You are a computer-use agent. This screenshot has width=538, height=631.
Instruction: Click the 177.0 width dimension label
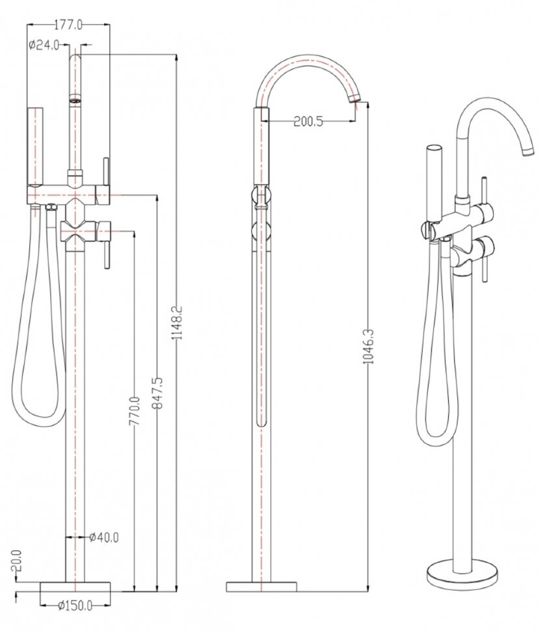(x=68, y=25)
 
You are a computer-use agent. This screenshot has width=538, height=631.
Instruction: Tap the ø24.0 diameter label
(x=44, y=45)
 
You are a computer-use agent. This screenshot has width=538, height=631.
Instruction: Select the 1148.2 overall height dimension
(x=177, y=323)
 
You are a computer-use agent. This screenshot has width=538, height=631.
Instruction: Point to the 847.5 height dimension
(x=157, y=393)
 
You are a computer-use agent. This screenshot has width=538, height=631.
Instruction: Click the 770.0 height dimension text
(x=135, y=411)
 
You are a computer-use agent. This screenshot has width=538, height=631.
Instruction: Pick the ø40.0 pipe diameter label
(x=104, y=537)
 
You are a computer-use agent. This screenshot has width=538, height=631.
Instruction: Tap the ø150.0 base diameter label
(x=75, y=605)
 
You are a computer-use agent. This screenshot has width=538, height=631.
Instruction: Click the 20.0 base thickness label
(x=16, y=561)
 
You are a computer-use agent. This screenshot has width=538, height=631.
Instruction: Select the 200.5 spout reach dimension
(x=308, y=121)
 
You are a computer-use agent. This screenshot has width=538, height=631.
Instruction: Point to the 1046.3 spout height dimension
(x=368, y=347)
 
